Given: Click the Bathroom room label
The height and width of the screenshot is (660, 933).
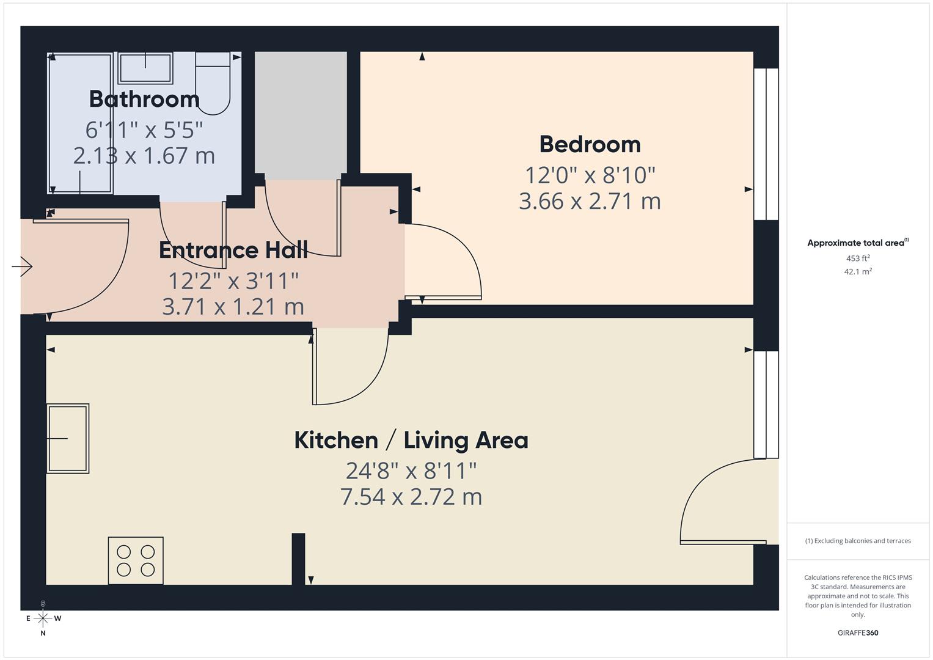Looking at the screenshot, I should point(144,99).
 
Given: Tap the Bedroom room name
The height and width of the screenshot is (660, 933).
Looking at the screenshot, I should point(590,144).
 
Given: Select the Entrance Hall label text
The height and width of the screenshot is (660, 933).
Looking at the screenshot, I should point(233,250).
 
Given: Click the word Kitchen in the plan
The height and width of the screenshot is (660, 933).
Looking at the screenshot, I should point(336,440).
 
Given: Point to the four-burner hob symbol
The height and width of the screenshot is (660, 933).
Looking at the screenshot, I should point(136,560).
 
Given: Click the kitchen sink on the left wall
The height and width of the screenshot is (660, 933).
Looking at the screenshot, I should point(68,438).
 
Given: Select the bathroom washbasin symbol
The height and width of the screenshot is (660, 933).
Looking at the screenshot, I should point(145,68).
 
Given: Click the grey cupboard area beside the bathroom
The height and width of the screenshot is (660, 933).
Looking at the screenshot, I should point(301,113).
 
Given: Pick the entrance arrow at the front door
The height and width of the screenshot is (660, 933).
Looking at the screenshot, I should point(23,266).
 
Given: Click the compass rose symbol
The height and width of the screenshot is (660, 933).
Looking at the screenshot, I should point(43,618).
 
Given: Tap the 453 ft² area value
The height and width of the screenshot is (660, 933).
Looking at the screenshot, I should point(858,258).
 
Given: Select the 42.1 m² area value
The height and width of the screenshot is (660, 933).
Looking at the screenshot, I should point(858,272).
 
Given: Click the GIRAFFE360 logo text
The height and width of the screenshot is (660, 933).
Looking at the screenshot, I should point(858,633).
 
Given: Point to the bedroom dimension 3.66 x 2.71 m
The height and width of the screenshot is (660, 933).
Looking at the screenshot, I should point(590,201).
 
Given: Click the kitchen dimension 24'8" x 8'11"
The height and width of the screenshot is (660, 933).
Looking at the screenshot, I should point(411,471).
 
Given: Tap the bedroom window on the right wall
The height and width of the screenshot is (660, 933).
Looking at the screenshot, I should point(766,144).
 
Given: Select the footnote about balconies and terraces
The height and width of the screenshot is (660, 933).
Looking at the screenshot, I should point(858,541).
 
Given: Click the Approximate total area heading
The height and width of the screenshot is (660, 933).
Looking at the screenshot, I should point(857,243).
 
